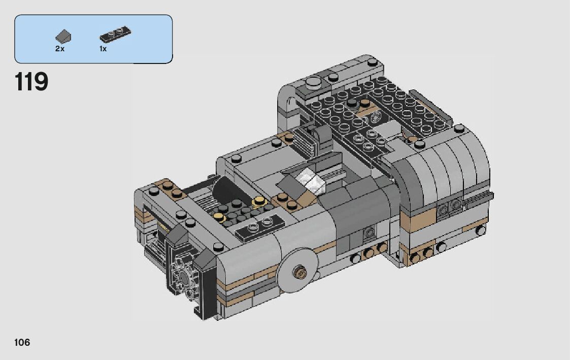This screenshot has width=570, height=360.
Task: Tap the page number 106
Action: point(22,342)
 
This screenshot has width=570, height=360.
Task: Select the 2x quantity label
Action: point(59,49)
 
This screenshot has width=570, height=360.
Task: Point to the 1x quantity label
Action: point(103,49)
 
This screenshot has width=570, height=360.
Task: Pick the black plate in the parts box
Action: point(115,34)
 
